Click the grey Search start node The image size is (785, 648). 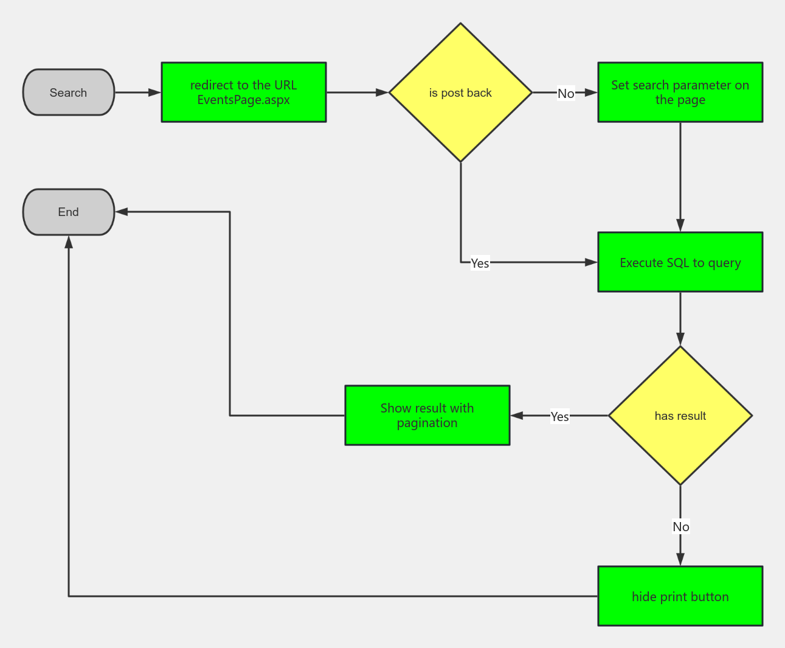click(x=68, y=92)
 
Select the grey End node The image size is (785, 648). click(x=68, y=212)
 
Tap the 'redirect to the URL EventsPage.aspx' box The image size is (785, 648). click(x=243, y=92)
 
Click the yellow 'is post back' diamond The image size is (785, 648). click(x=460, y=92)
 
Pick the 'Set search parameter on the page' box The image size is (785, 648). click(x=680, y=92)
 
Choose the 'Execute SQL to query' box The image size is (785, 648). click(x=680, y=262)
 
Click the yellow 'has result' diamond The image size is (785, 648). click(x=680, y=416)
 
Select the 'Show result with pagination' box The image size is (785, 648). click(x=427, y=416)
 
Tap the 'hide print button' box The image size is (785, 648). click(x=680, y=596)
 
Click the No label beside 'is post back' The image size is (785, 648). click(x=565, y=94)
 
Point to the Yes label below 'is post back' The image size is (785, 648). click(x=480, y=263)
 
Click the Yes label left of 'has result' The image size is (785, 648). click(x=559, y=416)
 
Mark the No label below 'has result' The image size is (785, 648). click(x=680, y=527)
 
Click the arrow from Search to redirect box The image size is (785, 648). click(x=138, y=92)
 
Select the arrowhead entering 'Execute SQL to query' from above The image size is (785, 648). click(x=680, y=225)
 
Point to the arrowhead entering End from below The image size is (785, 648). click(x=69, y=242)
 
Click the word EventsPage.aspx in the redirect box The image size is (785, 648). click(x=243, y=100)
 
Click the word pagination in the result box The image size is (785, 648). click(x=427, y=423)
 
